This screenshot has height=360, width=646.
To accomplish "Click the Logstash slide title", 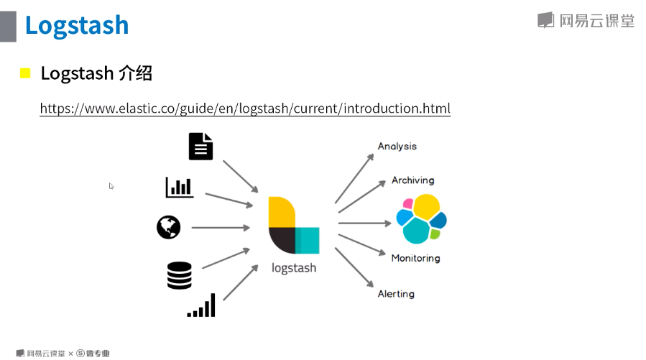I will point(76,24).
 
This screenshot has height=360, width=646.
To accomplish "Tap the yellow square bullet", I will point(25,73).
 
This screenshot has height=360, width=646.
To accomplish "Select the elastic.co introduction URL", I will point(245,109).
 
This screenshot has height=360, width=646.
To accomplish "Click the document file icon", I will point(201,146).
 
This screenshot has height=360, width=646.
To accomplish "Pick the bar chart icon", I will point(179,187).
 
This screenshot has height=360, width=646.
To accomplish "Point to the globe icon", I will point(168,227).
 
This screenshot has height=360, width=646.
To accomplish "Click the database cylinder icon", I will point(179,275).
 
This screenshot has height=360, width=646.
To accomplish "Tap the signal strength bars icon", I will point(202,305).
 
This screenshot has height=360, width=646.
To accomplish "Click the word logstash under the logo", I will point(293,268).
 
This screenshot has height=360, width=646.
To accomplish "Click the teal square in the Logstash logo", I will point(308,240).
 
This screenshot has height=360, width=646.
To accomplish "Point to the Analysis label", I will point(397,146).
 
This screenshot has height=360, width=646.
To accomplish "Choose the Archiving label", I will point(412,180).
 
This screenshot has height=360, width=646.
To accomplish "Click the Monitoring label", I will point(415,258).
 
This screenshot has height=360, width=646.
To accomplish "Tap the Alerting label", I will point(396,293).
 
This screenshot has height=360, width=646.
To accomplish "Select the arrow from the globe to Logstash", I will point(220,228).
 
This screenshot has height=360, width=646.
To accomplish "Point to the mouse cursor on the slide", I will point(111,185).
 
